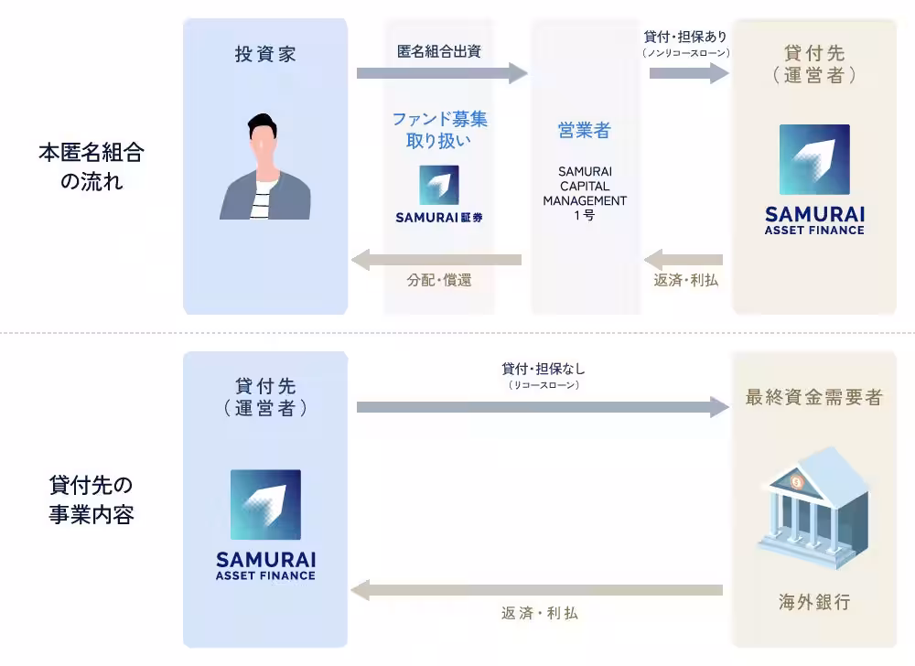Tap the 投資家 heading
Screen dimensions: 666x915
click(265, 55)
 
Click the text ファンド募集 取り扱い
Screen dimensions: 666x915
click(439, 130)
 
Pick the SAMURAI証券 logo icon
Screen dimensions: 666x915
click(439, 185)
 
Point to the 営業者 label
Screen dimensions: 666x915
click(584, 131)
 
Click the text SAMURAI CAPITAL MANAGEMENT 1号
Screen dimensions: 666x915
click(585, 193)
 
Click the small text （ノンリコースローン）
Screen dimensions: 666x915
click(685, 53)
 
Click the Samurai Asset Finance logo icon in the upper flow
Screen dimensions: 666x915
click(814, 160)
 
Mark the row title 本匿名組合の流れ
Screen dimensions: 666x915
click(91, 166)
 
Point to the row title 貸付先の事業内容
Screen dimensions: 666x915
click(91, 499)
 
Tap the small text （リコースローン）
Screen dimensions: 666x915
click(544, 386)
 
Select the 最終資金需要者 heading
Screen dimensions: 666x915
click(813, 398)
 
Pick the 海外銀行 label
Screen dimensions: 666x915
click(814, 602)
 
